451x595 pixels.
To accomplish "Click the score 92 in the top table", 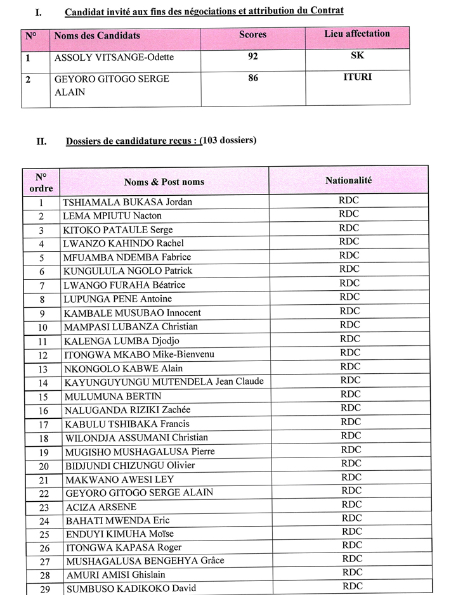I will [253, 56].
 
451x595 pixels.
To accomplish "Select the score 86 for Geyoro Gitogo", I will [253, 80].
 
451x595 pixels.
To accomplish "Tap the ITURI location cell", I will [357, 78].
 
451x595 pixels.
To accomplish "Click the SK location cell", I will [357, 55].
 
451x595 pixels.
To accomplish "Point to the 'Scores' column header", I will [252, 35].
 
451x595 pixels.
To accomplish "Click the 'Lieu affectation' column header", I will [357, 34].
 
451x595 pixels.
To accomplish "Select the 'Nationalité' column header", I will [348, 181].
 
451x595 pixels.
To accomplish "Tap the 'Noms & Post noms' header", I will [164, 182].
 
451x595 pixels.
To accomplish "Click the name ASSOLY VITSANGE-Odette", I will [114, 58].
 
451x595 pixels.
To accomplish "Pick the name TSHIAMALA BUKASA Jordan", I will [127, 202].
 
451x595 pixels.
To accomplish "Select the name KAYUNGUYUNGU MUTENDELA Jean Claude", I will [164, 381].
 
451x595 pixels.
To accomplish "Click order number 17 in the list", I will [43, 424].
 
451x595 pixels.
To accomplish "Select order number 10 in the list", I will [43, 327].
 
